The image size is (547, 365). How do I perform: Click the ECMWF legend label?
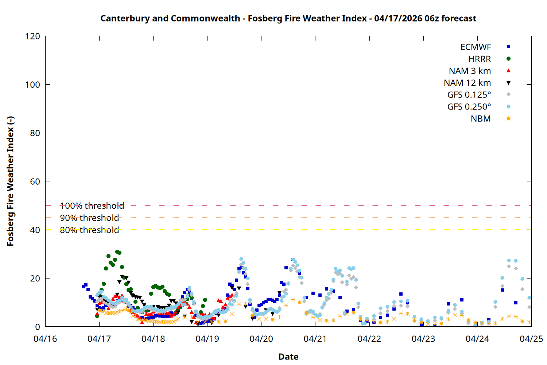click(476, 47)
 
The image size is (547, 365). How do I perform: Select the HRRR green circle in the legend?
click(508, 59)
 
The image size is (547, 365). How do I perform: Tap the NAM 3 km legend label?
click(470, 71)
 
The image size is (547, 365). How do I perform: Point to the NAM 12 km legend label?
click(467, 83)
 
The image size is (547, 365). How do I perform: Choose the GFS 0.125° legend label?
click(469, 95)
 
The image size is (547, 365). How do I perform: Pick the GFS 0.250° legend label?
click(469, 107)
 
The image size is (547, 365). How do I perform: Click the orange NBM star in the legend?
click(508, 119)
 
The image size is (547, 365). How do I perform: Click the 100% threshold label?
click(92, 206)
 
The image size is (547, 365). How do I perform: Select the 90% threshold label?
click(89, 218)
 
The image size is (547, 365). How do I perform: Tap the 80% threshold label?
click(89, 230)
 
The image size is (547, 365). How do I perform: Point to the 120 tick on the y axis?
click(32, 36)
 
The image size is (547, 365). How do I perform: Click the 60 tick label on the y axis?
click(35, 181)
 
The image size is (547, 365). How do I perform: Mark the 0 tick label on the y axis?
click(38, 327)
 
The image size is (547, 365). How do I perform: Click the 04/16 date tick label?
click(45, 339)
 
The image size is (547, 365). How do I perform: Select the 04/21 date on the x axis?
click(315, 339)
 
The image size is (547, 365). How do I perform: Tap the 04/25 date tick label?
click(531, 339)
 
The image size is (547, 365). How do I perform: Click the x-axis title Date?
click(288, 357)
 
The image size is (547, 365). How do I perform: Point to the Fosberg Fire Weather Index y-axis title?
click(10, 181)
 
